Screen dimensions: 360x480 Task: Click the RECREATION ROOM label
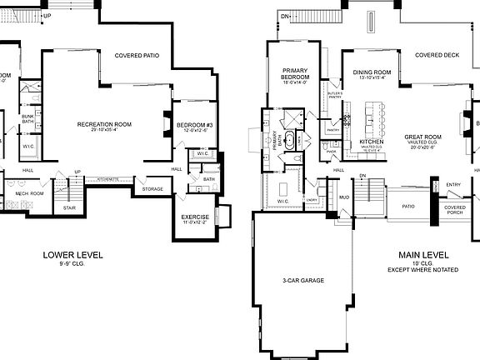pyautogui.click(x=107, y=125)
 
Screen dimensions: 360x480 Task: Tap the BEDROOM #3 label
pyautogui.click(x=195, y=125)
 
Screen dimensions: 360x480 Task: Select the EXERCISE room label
pyautogui.click(x=195, y=217)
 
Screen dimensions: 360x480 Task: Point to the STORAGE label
pyautogui.click(x=152, y=189)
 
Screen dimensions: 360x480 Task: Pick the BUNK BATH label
pyautogui.click(x=27, y=119)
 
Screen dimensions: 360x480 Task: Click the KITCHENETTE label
pyautogui.click(x=109, y=179)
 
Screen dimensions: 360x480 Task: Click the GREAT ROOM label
pyautogui.click(x=422, y=136)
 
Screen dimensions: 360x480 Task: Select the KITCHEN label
pyautogui.click(x=371, y=142)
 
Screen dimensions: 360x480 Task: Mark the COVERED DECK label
pyautogui.click(x=437, y=55)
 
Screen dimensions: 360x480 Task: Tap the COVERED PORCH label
pyautogui.click(x=455, y=209)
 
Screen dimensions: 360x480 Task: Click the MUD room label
pyautogui.click(x=343, y=197)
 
